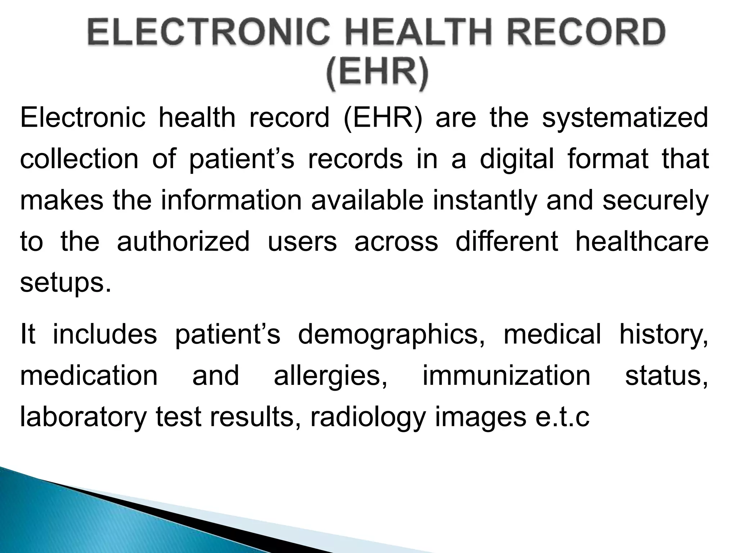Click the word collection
[79, 159]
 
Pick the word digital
[517, 159]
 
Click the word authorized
[183, 242]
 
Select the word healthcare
[642, 242]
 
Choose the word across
[396, 242]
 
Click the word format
[608, 159]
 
